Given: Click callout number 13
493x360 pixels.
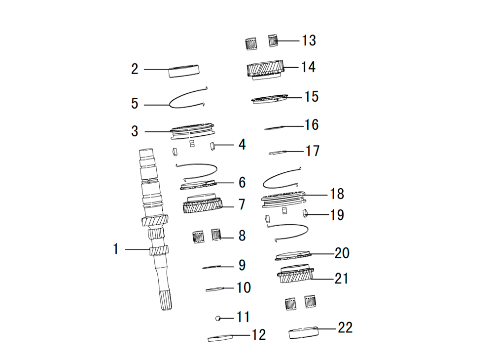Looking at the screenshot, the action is pos(309,40).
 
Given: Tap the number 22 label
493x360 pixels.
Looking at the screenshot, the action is pos(345,327).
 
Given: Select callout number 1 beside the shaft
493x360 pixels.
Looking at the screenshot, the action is pos(116,249).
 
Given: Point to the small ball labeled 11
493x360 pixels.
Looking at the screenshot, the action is pos(217,319).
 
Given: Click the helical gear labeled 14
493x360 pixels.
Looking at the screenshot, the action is pos(265,70).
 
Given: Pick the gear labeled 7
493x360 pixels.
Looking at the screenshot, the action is pos(203,203).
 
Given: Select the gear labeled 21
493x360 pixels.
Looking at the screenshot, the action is pos(295,274).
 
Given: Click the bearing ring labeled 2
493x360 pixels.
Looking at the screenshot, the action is pos(184,71).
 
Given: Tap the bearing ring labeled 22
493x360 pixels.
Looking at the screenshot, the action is pos(303,333).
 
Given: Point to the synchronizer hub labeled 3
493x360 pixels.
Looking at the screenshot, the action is pos(192,131).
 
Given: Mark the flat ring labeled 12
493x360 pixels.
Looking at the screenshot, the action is pos(220,338).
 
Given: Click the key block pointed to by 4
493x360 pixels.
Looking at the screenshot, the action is pos(212,146).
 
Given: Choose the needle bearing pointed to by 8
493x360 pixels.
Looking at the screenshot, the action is pos(216,235).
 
